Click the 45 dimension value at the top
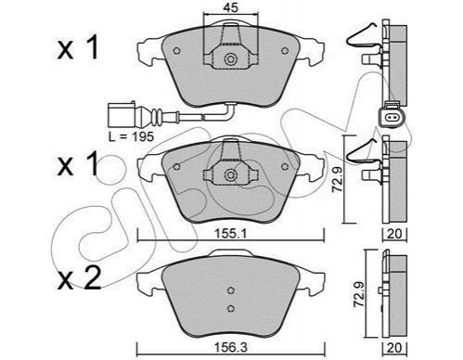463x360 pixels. tap(231, 7)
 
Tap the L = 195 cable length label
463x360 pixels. tap(131, 136)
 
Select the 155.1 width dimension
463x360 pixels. tap(230, 234)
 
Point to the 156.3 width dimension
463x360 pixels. tap(231, 348)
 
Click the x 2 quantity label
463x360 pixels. tap(79, 277)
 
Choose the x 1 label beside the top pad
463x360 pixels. tap(78, 47)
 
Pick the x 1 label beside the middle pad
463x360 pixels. tap(78, 163)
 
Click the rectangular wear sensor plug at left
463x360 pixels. tap(122, 116)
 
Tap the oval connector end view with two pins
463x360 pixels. tap(391, 117)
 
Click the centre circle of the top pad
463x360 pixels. tap(230, 58)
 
